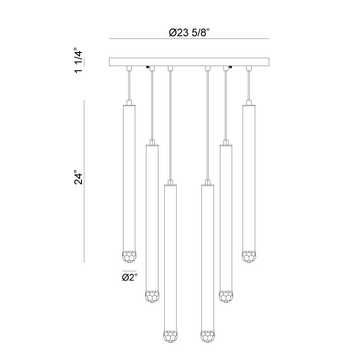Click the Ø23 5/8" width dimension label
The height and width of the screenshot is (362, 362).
pyautogui.click(x=189, y=33)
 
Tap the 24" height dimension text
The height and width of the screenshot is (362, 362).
pyautogui.click(x=78, y=177)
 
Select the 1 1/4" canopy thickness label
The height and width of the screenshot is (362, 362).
pyautogui.click(x=78, y=60)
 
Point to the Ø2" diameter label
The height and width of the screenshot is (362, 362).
pyautogui.click(x=130, y=277)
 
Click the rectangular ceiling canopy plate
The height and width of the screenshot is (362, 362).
pyautogui.click(x=189, y=62)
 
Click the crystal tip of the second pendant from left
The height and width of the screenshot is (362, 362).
pyautogui.click(x=152, y=297)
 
